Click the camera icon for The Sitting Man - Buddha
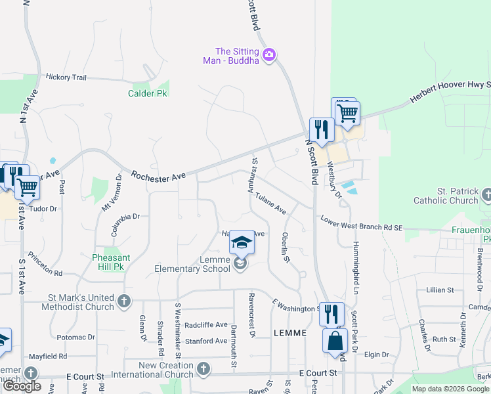coord(268,56)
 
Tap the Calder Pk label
coord(147,93)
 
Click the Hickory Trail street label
coord(66,77)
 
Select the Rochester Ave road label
coord(158,176)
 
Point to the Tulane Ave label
coord(271,203)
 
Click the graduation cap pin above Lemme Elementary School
coord(242,244)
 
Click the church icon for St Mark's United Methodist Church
coord(123,302)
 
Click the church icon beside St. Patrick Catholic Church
coord(486,194)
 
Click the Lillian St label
coord(440,290)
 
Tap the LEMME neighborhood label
coord(289,333)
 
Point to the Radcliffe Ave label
coord(205,325)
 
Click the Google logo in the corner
coord(22,387)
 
